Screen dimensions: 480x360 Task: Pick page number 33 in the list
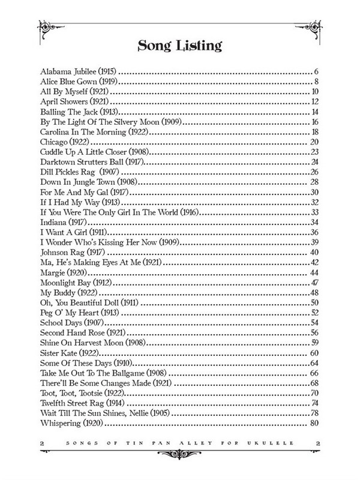(x=313, y=212)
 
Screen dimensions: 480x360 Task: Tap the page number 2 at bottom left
(x=42, y=443)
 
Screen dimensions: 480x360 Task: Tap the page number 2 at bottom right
(x=317, y=443)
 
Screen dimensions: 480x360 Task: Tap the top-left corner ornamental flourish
(x=46, y=27)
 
